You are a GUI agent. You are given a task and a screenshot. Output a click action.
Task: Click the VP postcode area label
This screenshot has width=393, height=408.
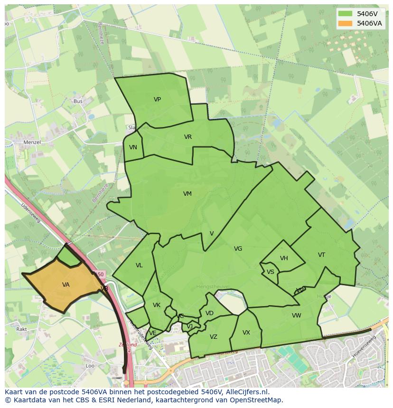(x=157, y=100)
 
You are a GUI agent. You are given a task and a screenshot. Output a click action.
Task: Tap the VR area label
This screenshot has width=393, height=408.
(x=188, y=137)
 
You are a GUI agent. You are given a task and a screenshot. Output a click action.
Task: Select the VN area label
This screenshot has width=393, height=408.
(x=133, y=147)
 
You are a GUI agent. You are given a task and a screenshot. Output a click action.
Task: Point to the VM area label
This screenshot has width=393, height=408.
(x=187, y=194)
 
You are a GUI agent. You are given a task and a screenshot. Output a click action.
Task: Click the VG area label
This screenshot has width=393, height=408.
(x=238, y=249)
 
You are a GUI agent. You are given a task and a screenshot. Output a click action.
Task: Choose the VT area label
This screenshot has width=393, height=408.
(x=321, y=255)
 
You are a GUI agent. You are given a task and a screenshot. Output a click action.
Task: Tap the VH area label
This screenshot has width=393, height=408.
(x=284, y=258)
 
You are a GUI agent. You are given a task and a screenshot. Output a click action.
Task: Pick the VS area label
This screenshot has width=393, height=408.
(x=270, y=272)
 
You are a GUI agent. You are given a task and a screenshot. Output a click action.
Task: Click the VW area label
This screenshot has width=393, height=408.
(x=296, y=316)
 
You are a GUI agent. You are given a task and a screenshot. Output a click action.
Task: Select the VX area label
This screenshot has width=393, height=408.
(x=246, y=333)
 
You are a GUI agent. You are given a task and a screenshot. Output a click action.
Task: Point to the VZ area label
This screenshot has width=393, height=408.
(x=213, y=337)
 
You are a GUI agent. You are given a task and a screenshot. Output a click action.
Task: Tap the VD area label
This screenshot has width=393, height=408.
(x=209, y=313)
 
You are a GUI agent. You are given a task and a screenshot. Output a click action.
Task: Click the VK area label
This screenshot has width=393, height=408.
(x=157, y=305)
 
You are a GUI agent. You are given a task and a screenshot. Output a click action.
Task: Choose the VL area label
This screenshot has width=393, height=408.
(x=139, y=265)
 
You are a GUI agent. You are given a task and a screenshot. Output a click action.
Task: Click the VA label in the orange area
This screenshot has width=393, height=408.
(x=65, y=285)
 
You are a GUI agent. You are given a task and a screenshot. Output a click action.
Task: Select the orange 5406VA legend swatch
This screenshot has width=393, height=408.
(x=345, y=23)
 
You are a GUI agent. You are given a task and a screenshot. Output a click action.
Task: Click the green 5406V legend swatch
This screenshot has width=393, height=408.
(x=345, y=14)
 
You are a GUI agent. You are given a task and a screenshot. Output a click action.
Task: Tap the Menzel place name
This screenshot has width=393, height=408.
(x=32, y=142)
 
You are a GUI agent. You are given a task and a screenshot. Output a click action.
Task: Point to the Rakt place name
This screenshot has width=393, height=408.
(x=21, y=329)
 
